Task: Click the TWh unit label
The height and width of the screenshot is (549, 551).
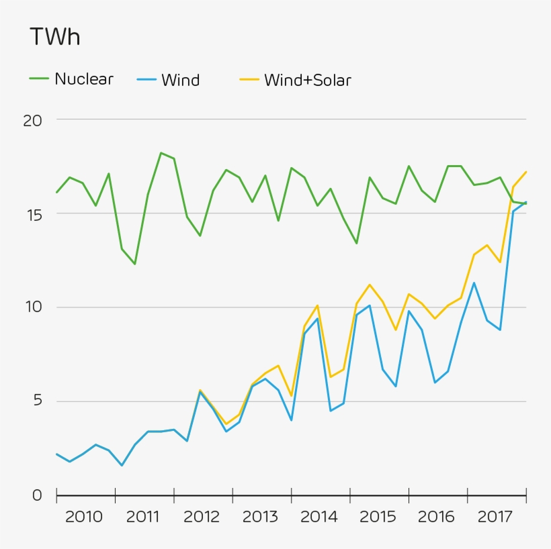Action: (x=54, y=38)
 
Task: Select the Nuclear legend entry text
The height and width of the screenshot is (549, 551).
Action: (x=84, y=79)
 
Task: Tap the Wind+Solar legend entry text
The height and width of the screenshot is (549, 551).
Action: (x=307, y=81)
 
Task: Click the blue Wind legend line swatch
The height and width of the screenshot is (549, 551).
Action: (x=146, y=80)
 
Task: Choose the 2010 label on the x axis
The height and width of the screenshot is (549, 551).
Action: (x=84, y=517)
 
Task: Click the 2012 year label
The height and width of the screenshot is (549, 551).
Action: (x=202, y=517)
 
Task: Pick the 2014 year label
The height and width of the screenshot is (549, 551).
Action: (x=319, y=517)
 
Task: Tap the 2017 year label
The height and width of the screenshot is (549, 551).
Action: (x=495, y=517)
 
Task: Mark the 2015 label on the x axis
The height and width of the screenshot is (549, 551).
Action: (x=378, y=517)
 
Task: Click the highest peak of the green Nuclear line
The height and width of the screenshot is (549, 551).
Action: (x=161, y=153)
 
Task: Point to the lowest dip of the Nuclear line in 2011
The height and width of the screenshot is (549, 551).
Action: (x=135, y=264)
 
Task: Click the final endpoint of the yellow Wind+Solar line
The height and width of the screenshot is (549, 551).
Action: (x=525, y=172)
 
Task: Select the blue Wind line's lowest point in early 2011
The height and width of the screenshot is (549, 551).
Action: (x=122, y=465)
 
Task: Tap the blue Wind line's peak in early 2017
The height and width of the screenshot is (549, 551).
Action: (x=474, y=283)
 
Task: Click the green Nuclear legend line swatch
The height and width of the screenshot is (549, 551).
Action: (x=39, y=79)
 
